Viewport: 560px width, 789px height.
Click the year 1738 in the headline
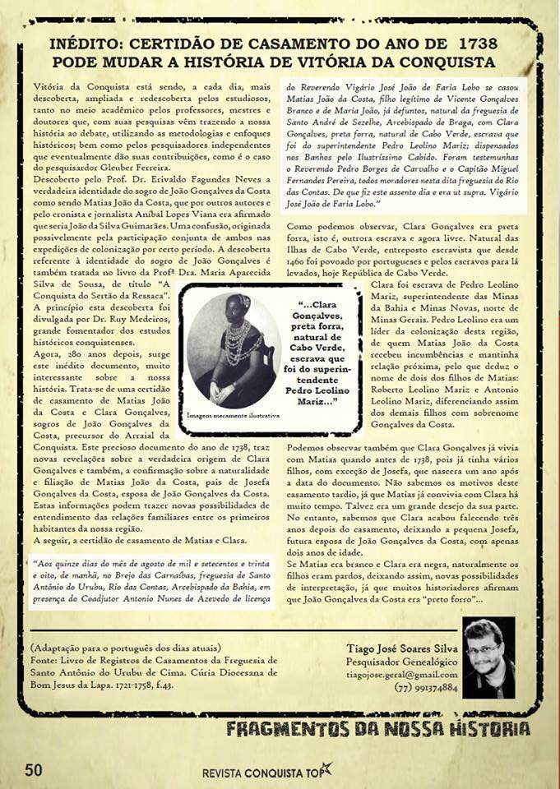479,43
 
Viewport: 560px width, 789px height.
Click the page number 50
33,769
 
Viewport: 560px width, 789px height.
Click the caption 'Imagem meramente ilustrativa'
233,416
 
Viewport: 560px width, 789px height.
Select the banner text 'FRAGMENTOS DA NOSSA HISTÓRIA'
377,729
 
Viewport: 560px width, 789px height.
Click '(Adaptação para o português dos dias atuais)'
125,647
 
